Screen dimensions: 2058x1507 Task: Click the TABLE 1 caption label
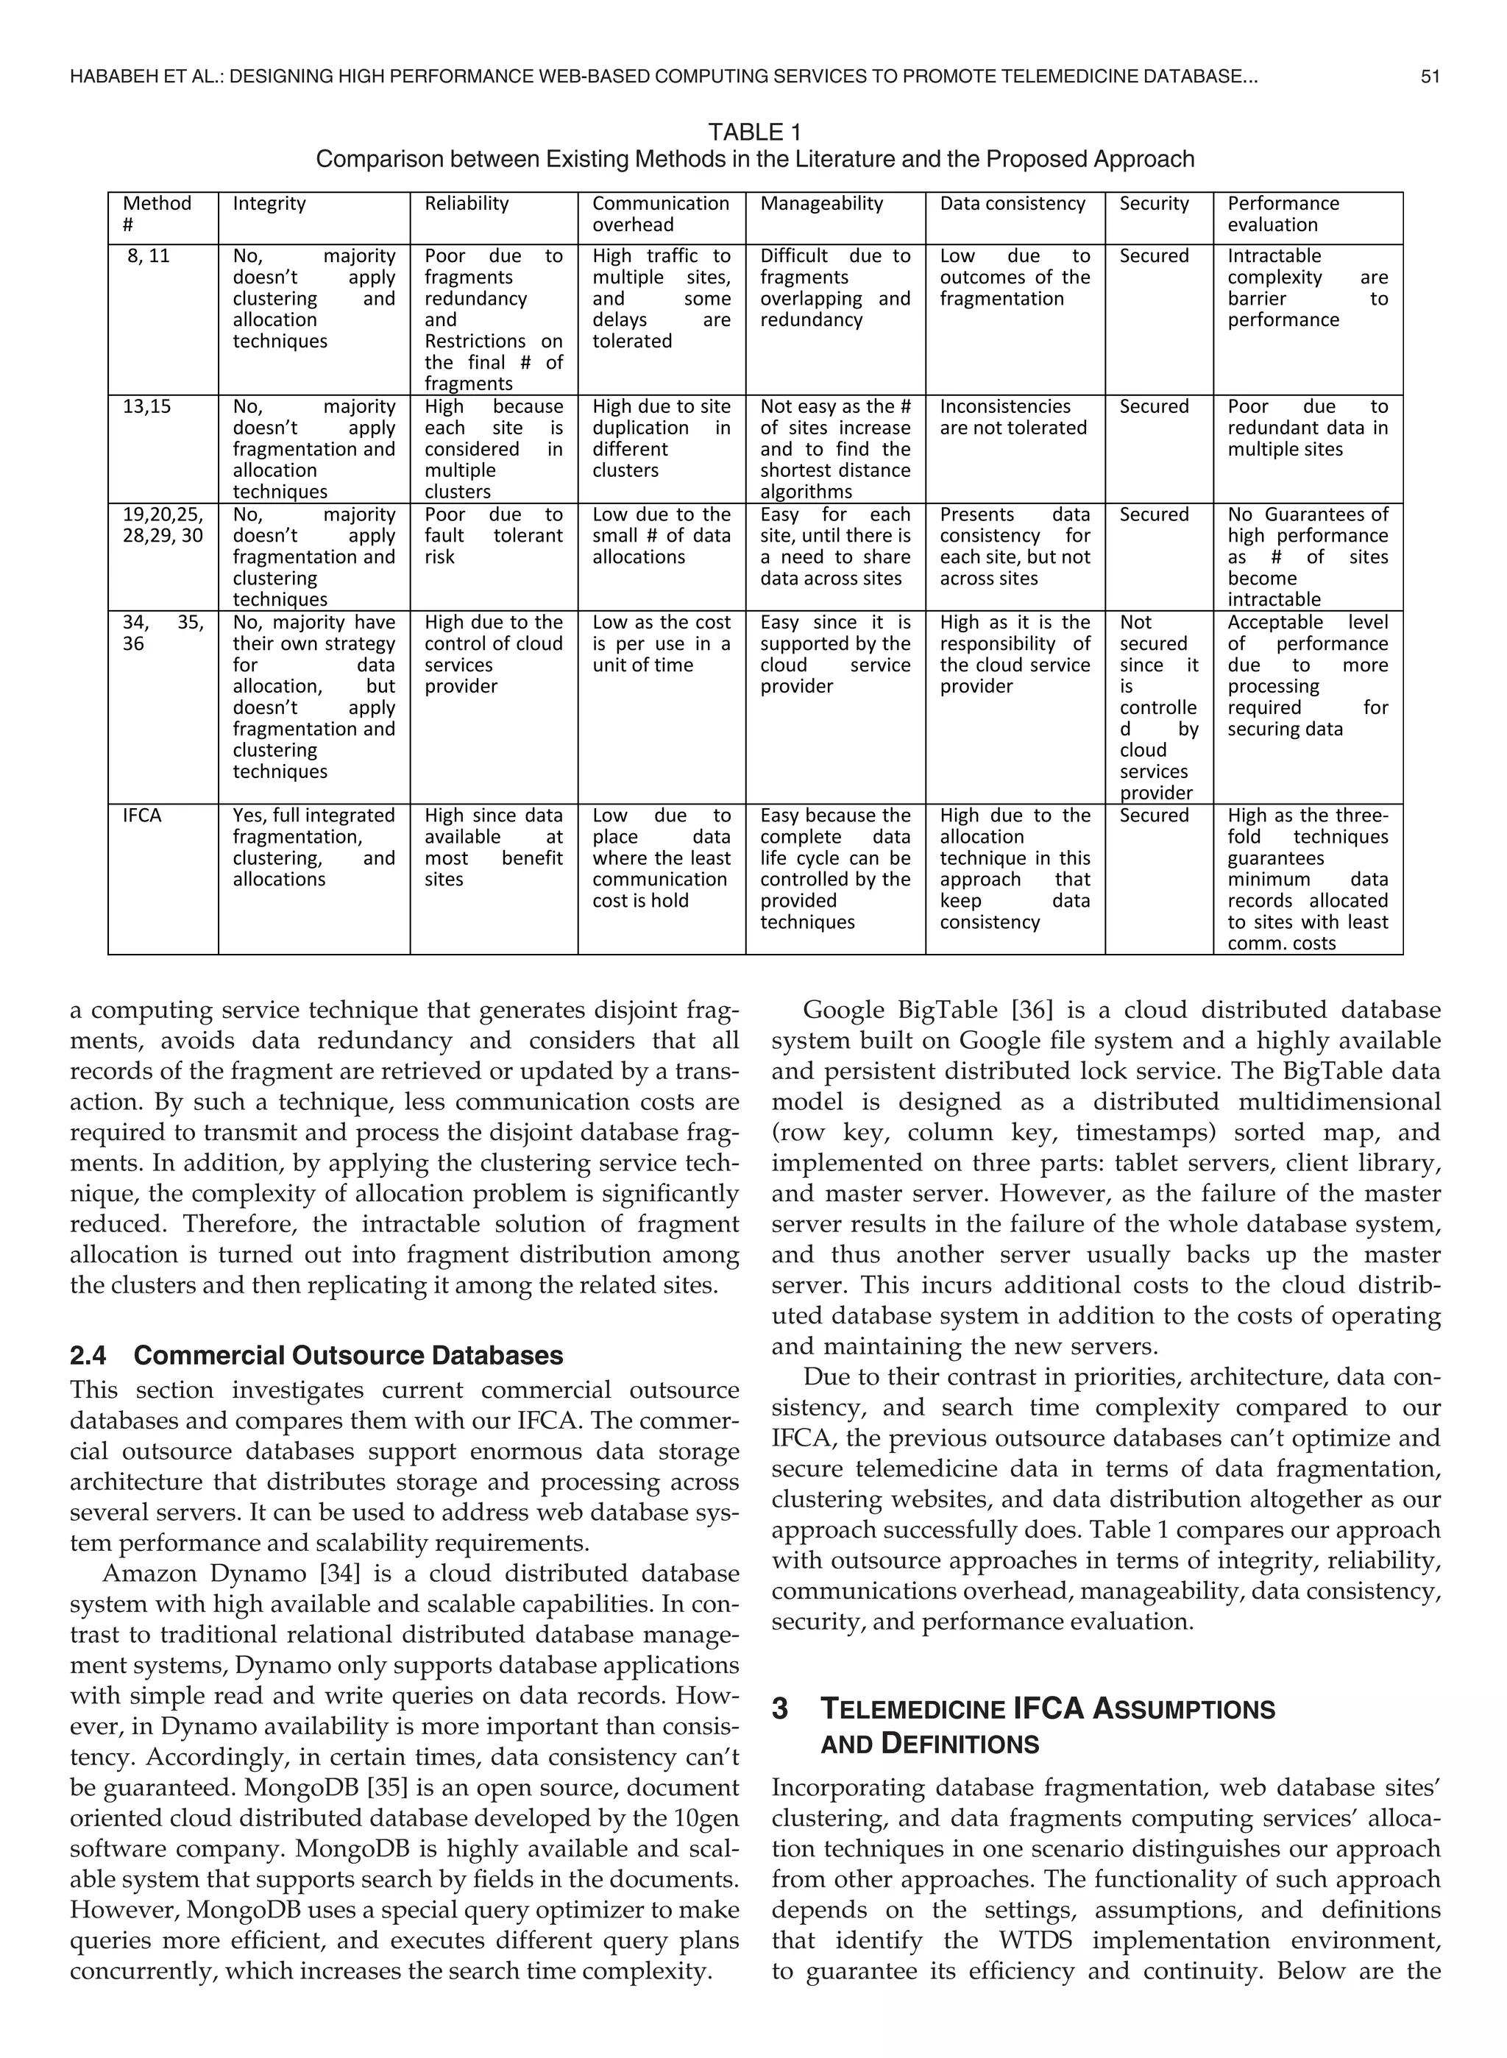coord(754,133)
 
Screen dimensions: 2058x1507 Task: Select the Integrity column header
coord(269,203)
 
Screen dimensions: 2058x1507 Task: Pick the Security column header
coord(1154,203)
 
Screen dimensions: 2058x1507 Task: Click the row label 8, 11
coord(149,256)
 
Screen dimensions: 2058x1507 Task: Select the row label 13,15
coord(147,407)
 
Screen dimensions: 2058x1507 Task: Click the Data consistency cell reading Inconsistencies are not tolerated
coord(1013,418)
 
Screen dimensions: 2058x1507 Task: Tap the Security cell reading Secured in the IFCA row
coord(1154,816)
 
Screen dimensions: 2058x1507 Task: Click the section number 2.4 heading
coord(91,1356)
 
